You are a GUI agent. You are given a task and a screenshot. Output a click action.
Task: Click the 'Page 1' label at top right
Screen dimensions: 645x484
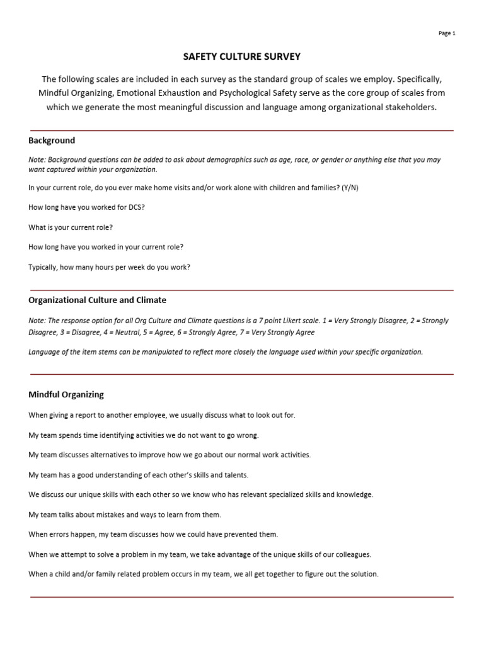click(x=446, y=33)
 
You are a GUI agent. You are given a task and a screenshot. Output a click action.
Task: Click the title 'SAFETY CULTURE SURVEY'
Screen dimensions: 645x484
click(x=241, y=57)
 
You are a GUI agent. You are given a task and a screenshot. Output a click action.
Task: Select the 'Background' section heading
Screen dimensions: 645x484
click(x=52, y=140)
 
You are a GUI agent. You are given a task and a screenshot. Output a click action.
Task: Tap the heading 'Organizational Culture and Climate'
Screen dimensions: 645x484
click(x=97, y=300)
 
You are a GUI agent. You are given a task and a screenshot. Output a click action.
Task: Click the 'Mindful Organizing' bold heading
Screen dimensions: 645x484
click(x=66, y=395)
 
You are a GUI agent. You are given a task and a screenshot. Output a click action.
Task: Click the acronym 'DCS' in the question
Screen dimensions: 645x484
click(x=135, y=208)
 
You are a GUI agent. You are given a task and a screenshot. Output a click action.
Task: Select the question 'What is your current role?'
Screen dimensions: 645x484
click(x=71, y=227)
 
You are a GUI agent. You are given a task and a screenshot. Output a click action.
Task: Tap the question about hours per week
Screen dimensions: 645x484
click(x=109, y=267)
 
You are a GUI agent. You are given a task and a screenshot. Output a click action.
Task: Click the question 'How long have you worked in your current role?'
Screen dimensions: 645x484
click(x=106, y=247)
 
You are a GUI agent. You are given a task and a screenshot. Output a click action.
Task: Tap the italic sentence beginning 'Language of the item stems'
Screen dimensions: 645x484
click(x=226, y=352)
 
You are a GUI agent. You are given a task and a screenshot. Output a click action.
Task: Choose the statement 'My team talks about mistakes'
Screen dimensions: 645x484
click(x=125, y=515)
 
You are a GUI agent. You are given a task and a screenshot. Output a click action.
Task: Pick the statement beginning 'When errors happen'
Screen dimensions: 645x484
click(x=153, y=534)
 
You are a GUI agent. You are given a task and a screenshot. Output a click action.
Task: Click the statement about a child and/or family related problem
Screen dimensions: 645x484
click(x=203, y=574)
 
